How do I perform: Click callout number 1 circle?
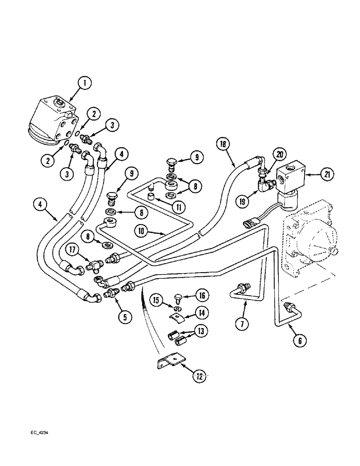click(85, 84)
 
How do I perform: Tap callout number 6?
click(299, 341)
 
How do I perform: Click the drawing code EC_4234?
click(39, 432)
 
